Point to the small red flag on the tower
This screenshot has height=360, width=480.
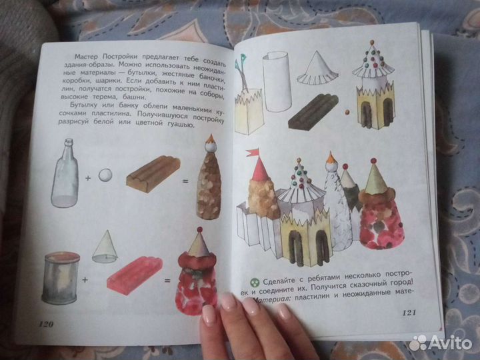[253, 153]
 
